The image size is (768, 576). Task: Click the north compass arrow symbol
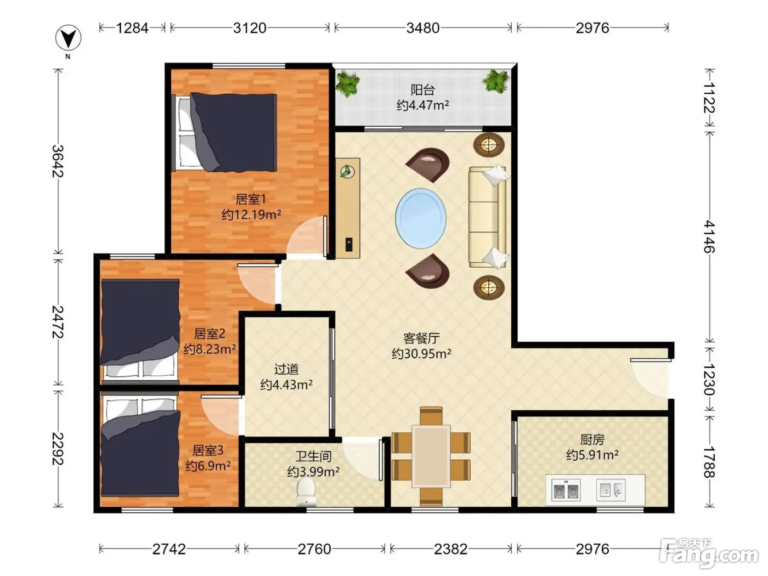pos(68,38)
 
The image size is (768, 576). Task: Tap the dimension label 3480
pos(422,28)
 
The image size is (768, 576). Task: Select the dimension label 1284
pos(132,28)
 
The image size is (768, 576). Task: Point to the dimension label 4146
pos(709,236)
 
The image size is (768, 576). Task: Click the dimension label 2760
pos(314,550)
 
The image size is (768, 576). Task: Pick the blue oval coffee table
pos(421,218)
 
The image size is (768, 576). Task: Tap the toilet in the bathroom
pos(306,492)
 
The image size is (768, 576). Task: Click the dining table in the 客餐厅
pos(431,456)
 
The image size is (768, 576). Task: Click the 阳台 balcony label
pos(422,90)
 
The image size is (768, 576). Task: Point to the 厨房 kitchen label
pos(592,439)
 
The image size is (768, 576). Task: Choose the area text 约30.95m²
pos(421,354)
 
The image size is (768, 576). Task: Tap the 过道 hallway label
pos(286,369)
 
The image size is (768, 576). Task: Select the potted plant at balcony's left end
pos(347,83)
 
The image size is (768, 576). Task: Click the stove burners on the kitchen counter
pos(566,490)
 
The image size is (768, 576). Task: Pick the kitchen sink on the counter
pos(611,489)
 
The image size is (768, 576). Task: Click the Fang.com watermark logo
pos(708,554)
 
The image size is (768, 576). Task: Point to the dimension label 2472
pos(58,323)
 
